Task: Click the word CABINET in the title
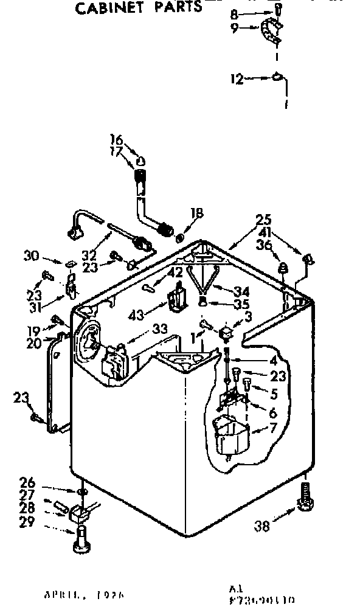click(x=108, y=8)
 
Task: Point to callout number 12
click(x=237, y=79)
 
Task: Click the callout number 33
click(x=161, y=329)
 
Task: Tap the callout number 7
click(x=274, y=427)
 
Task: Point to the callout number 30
click(x=32, y=256)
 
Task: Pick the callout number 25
click(x=263, y=220)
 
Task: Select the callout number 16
click(x=116, y=138)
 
